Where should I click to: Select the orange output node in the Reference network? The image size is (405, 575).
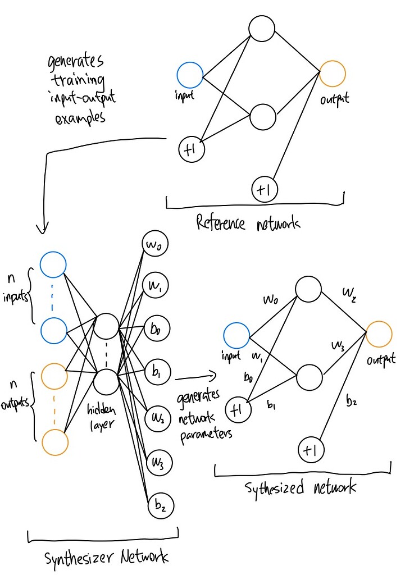pyautogui.click(x=332, y=74)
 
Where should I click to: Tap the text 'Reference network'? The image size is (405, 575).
pyautogui.click(x=248, y=223)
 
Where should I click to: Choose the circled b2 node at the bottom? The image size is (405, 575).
pyautogui.click(x=161, y=506)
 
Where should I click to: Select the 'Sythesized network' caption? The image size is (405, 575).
pyautogui.click(x=301, y=487)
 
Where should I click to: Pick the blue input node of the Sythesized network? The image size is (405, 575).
pyautogui.click(x=236, y=336)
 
